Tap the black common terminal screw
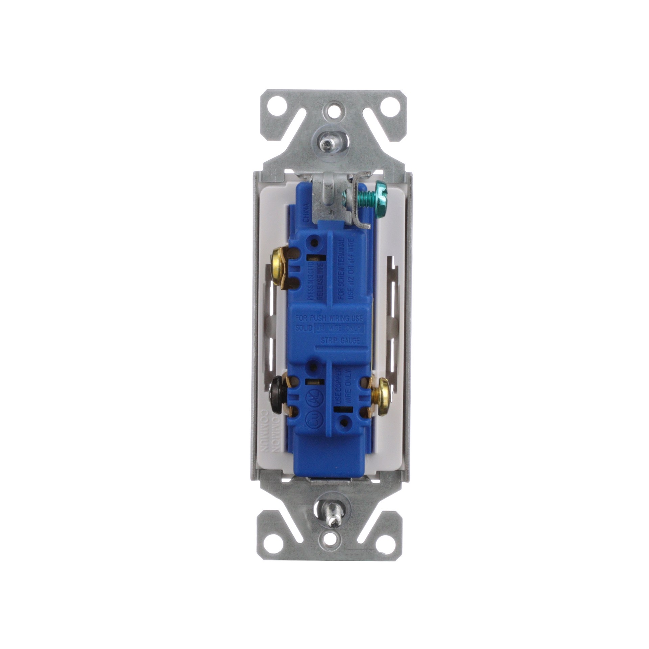[x=274, y=395]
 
